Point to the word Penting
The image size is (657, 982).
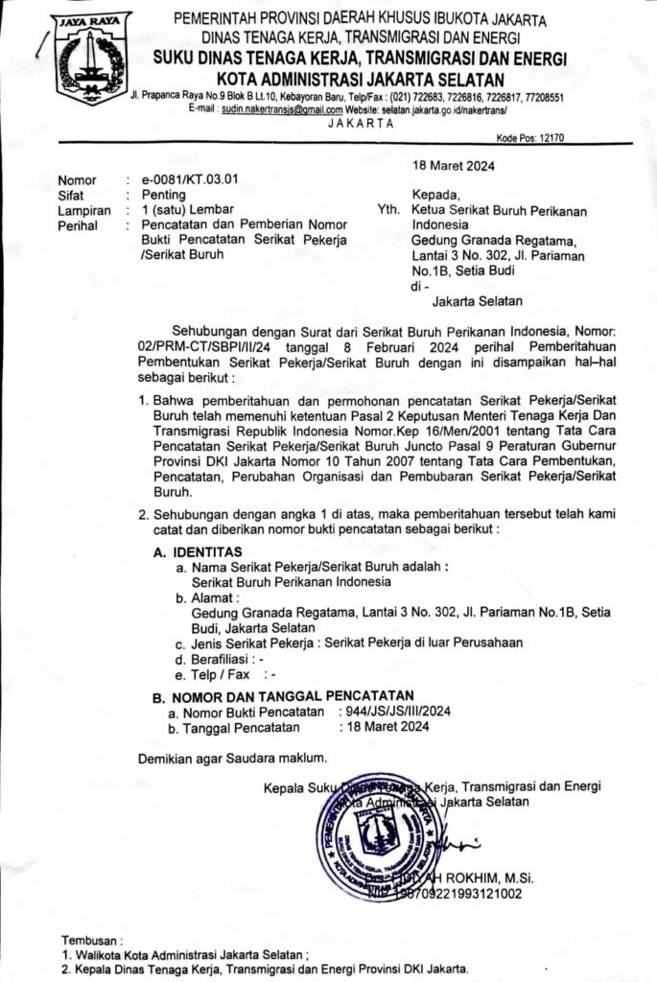[x=164, y=194]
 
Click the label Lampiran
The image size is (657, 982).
[x=80, y=209]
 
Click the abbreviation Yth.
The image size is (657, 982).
[x=390, y=210]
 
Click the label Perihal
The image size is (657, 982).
[x=77, y=225]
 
